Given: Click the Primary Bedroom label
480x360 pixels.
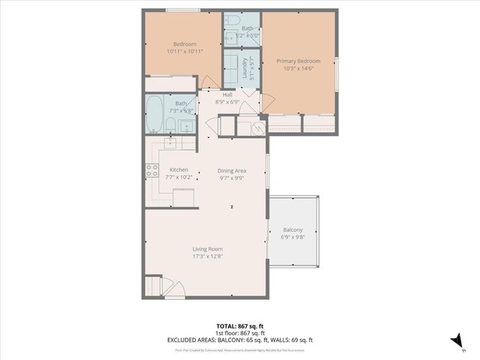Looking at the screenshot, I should click(x=298, y=61).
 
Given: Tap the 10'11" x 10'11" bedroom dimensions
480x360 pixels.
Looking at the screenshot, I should click(x=181, y=52).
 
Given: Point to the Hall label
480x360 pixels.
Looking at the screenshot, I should click(x=227, y=94).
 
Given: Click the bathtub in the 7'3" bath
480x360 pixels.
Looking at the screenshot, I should click(x=155, y=115).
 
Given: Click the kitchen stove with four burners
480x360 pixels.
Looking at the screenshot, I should click(x=152, y=171).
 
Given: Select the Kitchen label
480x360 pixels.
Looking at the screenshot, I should click(x=178, y=170).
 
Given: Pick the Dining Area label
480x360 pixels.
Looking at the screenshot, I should click(x=232, y=170).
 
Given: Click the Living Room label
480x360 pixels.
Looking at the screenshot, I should click(x=207, y=249).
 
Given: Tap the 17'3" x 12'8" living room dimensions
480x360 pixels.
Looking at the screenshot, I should click(x=207, y=256).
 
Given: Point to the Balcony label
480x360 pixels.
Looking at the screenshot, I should click(x=292, y=229).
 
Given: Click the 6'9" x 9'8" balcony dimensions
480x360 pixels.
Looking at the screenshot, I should click(x=292, y=237).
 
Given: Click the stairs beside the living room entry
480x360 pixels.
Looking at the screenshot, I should click(x=153, y=287).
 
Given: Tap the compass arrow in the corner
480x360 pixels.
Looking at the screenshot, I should click(x=454, y=340).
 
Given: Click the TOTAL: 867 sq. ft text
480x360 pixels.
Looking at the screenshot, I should click(x=239, y=326).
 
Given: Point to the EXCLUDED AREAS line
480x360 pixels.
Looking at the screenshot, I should click(x=239, y=340).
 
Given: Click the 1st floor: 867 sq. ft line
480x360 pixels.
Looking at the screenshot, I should click(x=239, y=333).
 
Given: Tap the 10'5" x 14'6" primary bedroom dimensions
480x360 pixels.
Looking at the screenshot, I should click(x=298, y=68).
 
